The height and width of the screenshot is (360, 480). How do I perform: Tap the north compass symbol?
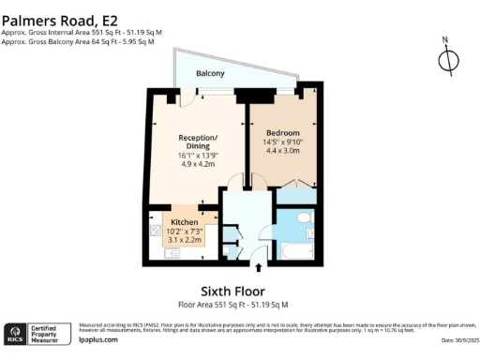[x=449, y=59]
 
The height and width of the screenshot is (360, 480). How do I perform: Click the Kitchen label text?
[x=184, y=222]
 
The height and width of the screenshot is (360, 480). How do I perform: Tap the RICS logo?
[x=16, y=334]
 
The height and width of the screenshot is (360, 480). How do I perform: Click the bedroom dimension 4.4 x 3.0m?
[x=281, y=150]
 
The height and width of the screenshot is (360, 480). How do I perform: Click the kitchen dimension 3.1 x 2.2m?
[x=184, y=239]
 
